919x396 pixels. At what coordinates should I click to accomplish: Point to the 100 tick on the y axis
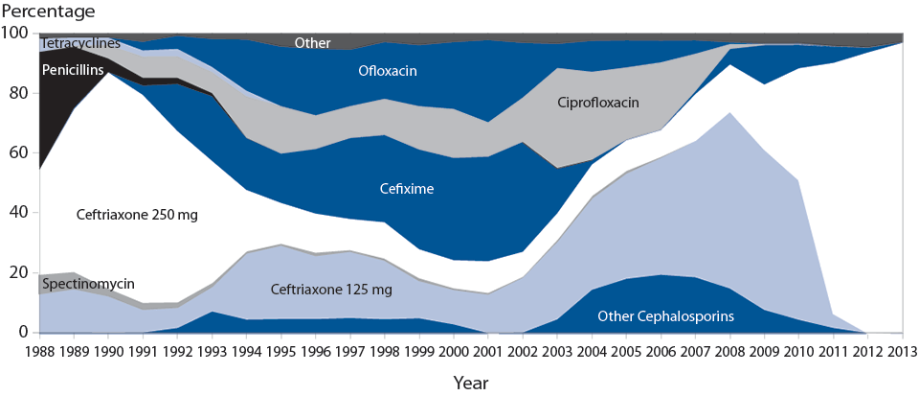tap(16, 34)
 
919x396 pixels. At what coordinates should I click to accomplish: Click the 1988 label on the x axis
tap(39, 348)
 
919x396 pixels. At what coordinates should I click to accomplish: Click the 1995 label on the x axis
tap(281, 348)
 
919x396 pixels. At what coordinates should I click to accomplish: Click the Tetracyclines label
tap(80, 44)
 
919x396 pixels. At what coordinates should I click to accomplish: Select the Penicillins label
tap(72, 69)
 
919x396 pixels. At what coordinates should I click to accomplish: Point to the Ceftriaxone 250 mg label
tap(137, 215)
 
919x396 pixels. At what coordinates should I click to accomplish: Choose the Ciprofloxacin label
tap(599, 102)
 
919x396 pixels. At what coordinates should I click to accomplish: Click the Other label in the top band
tap(313, 42)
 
